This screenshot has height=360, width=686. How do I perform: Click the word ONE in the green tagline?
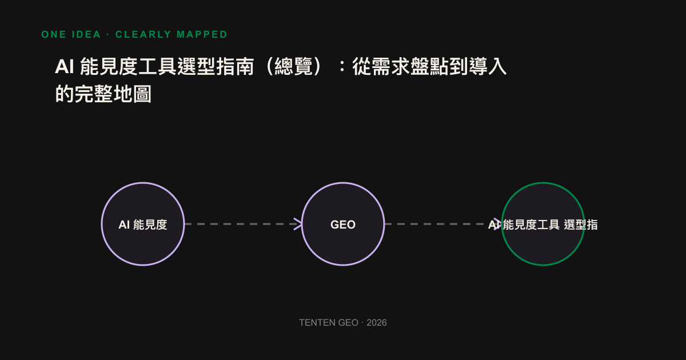(x=54, y=35)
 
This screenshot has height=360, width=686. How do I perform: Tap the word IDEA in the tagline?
(x=86, y=35)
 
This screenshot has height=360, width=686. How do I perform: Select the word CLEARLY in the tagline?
(x=143, y=35)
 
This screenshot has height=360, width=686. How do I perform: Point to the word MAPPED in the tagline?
(x=202, y=35)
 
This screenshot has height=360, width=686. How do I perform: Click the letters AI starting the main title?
(x=64, y=66)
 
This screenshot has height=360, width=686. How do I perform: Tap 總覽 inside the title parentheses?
(x=293, y=66)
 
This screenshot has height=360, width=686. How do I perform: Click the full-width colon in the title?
(x=342, y=66)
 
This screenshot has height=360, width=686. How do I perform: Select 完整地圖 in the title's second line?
(x=113, y=94)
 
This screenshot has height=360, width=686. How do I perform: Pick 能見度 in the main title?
(x=109, y=66)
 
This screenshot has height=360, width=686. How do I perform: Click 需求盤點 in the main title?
(x=410, y=66)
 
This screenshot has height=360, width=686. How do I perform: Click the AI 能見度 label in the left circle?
(x=143, y=225)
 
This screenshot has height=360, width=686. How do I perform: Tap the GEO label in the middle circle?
(x=343, y=225)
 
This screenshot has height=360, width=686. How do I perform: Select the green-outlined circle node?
(x=543, y=183)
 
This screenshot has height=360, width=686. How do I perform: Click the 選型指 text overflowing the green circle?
(x=581, y=225)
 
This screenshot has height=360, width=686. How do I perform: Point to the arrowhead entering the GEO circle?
(x=298, y=224)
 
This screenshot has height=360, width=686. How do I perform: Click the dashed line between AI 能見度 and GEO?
(x=243, y=224)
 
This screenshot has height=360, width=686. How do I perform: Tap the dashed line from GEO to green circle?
(x=442, y=224)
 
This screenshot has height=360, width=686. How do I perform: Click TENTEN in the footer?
(x=318, y=323)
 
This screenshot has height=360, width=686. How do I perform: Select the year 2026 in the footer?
(x=377, y=323)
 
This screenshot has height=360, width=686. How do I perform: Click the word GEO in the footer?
(x=349, y=323)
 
